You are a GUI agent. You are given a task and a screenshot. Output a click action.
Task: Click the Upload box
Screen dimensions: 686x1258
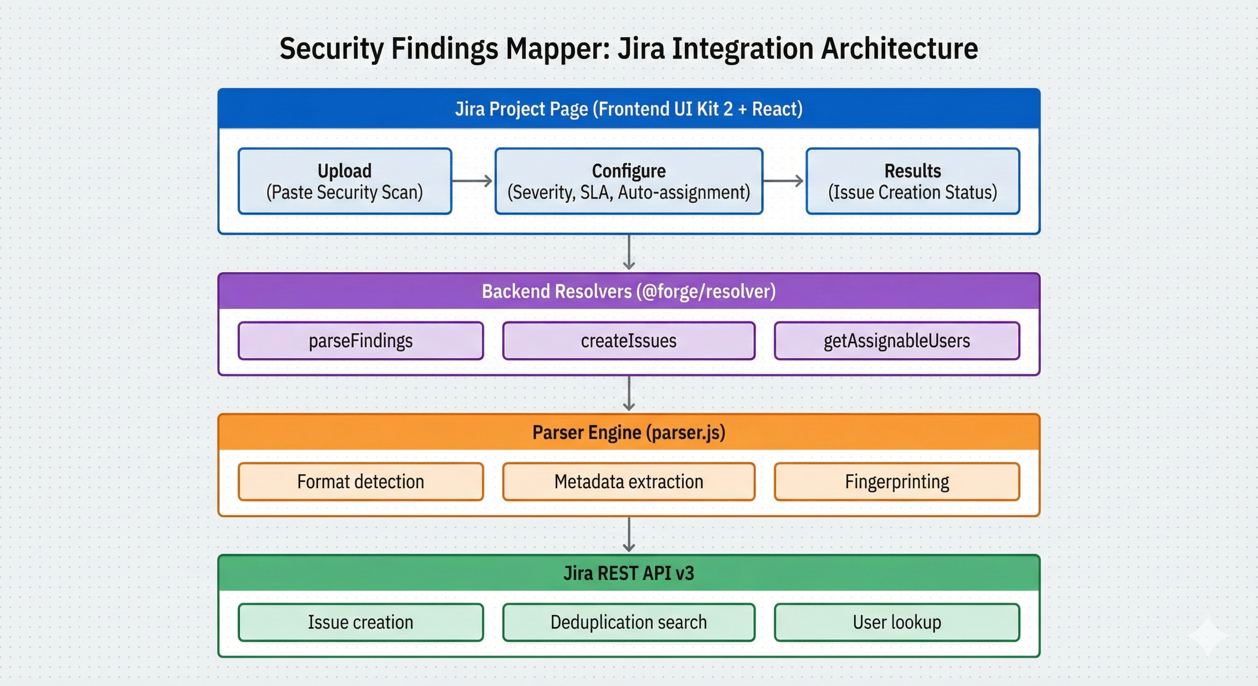(x=345, y=181)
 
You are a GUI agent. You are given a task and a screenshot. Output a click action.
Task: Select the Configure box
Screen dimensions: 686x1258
(x=629, y=181)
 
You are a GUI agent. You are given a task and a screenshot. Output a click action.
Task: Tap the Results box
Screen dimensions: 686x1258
(x=912, y=181)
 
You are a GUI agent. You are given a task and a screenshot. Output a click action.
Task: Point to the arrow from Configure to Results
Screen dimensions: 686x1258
(x=783, y=181)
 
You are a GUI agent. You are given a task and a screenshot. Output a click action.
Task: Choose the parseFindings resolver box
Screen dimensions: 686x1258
(x=361, y=341)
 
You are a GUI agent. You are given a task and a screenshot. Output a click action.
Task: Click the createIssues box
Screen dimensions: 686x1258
(x=629, y=341)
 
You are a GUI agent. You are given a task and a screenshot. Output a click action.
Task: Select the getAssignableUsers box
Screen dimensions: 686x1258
(x=897, y=341)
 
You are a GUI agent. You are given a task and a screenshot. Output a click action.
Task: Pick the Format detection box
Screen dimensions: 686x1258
(x=361, y=482)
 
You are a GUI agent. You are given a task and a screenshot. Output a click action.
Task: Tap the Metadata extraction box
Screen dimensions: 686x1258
(x=629, y=482)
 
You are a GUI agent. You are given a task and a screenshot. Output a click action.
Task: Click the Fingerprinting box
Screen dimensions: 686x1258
(x=897, y=482)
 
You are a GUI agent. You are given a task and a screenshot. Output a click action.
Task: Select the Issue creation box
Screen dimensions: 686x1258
(x=361, y=623)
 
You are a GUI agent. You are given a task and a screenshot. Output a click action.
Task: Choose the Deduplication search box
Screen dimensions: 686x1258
(x=629, y=623)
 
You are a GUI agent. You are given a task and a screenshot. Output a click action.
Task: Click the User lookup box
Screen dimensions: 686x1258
(x=897, y=623)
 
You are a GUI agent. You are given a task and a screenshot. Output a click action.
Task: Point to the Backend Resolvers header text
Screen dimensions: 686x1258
(x=629, y=292)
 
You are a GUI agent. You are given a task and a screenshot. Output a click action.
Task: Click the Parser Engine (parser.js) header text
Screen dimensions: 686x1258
(x=629, y=433)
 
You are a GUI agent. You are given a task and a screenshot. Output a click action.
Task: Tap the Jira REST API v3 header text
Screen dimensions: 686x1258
(x=629, y=573)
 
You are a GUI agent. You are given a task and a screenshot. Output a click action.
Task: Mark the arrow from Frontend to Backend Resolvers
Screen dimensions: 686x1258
(x=629, y=252)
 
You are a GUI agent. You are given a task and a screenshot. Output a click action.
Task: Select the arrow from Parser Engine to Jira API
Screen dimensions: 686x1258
(x=629, y=535)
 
